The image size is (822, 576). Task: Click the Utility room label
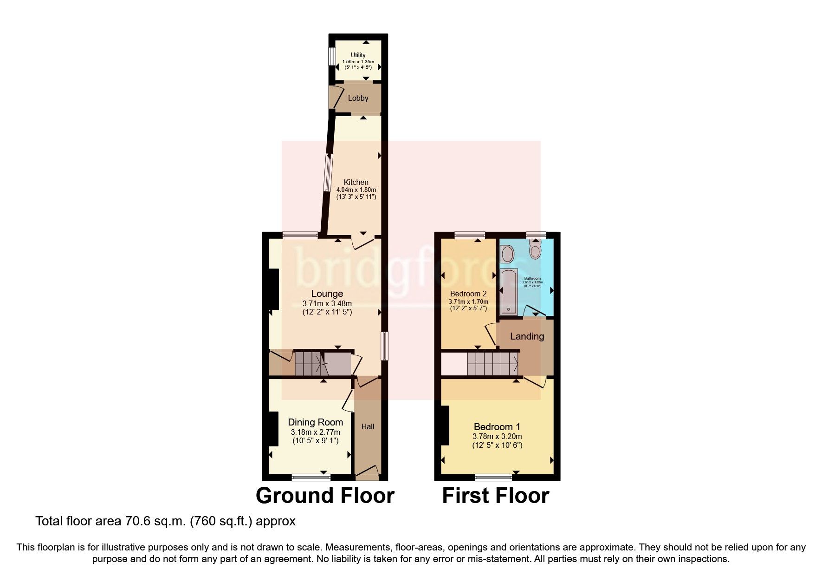tap(358, 55)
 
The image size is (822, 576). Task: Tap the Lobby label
tap(358, 98)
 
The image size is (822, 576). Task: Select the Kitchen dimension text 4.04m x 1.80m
tap(356, 190)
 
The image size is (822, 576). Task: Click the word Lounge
tap(327, 294)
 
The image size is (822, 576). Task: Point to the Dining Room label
tap(315, 422)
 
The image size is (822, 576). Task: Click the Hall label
tap(368, 426)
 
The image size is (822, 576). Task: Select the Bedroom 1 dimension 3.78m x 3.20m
tap(497, 436)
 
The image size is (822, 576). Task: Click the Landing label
tap(527, 336)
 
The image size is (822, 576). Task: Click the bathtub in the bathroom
tap(509, 291)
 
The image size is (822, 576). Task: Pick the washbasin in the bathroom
tap(507, 255)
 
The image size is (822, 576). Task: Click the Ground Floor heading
tap(325, 496)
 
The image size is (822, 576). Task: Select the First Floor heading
tap(495, 496)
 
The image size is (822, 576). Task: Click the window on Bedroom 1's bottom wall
tap(494, 477)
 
